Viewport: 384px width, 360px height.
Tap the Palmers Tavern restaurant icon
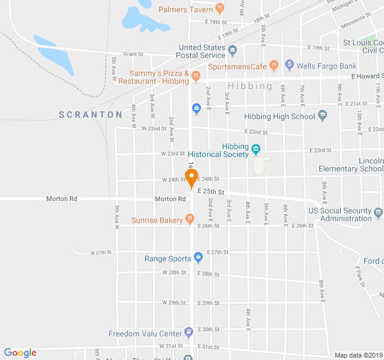coord(220,9)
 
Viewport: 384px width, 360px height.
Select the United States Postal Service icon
coord(233,49)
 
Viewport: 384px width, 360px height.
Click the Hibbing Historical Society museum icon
coord(256,149)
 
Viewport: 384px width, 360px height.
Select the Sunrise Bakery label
coord(157,220)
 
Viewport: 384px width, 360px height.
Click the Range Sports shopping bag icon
coord(198,259)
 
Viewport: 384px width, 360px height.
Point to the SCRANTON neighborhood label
coord(91,114)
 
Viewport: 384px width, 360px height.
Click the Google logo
coord(20,353)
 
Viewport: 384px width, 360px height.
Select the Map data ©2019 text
coord(358,355)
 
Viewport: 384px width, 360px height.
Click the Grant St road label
coord(133,53)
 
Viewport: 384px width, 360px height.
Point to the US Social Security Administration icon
coord(378,212)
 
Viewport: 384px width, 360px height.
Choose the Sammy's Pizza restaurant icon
coord(196,75)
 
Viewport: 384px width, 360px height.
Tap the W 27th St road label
coord(101,253)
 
